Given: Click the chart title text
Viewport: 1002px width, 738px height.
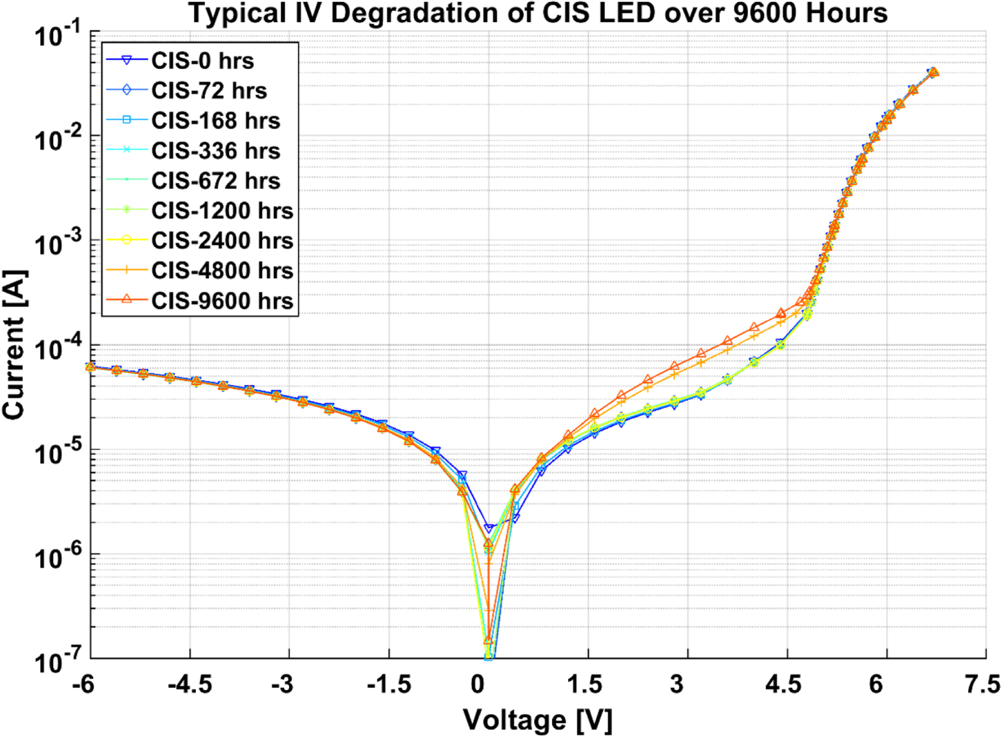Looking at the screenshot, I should coord(538,13).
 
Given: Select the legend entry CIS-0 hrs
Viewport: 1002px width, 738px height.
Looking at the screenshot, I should coord(202,61).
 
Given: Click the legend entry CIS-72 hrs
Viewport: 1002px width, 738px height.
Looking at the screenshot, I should coord(209,91).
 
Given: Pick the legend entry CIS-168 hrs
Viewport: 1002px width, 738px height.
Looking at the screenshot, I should coord(215,121).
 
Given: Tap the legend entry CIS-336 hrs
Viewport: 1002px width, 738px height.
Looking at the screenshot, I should coord(215,151).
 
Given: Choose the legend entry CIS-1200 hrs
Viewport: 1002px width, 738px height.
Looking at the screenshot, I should coord(221,210).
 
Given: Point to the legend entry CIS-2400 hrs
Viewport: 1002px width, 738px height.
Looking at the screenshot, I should coord(221,240).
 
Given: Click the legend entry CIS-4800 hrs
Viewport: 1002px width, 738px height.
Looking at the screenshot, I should coord(221,270).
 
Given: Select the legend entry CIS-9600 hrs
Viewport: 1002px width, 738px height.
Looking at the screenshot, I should coord(221,300).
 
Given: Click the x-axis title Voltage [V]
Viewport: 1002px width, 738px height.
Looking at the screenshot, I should coord(537,720).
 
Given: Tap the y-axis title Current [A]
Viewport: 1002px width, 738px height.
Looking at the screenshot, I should coord(14,345).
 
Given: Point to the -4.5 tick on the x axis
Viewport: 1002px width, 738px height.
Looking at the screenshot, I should coord(190,684).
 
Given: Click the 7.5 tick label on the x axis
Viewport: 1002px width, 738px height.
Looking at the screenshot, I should coord(982,684).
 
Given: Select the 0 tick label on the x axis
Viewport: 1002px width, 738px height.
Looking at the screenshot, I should coord(477,684).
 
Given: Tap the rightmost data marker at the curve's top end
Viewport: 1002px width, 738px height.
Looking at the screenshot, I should coord(933,72).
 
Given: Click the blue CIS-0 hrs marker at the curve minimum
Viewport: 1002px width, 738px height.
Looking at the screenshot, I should coord(489,528).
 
